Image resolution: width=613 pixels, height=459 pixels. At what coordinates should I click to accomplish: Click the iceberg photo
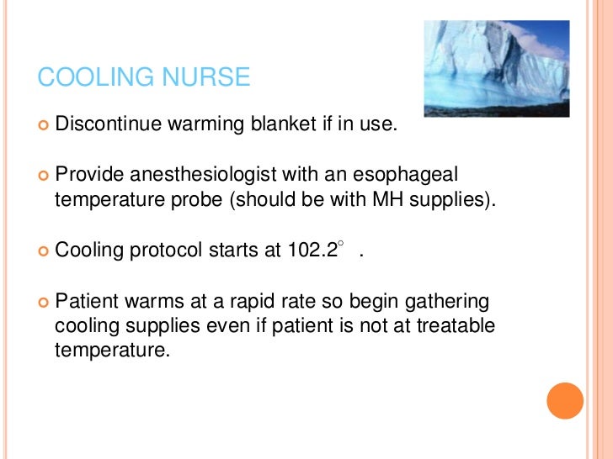pyautogui.click(x=497, y=68)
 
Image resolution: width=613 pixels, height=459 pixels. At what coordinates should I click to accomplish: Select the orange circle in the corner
pyautogui.click(x=565, y=400)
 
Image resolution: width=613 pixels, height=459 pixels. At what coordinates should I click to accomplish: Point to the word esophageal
pyautogui.click(x=410, y=176)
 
